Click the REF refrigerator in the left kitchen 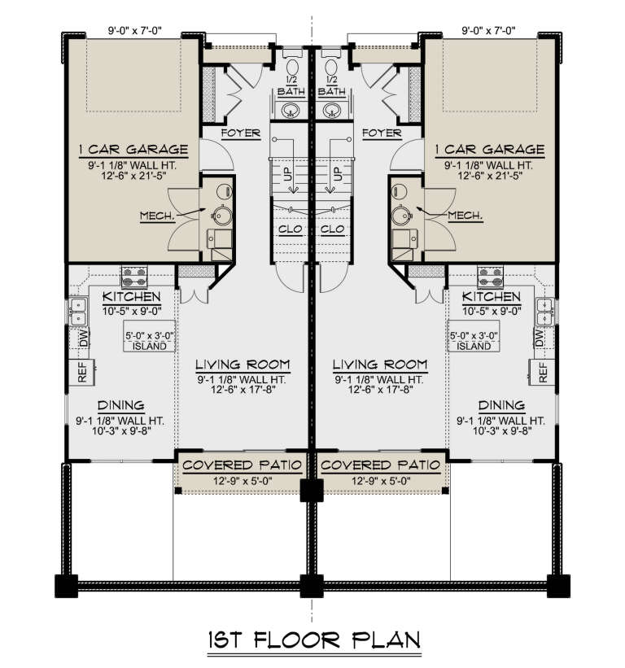point(82,373)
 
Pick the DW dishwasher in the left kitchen point(82,338)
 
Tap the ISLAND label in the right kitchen point(475,346)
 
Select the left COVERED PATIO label point(242,465)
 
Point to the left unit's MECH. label point(153,217)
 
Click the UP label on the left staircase point(286,174)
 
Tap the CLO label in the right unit point(333,229)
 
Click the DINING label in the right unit point(500,404)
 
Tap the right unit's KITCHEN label point(492,297)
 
